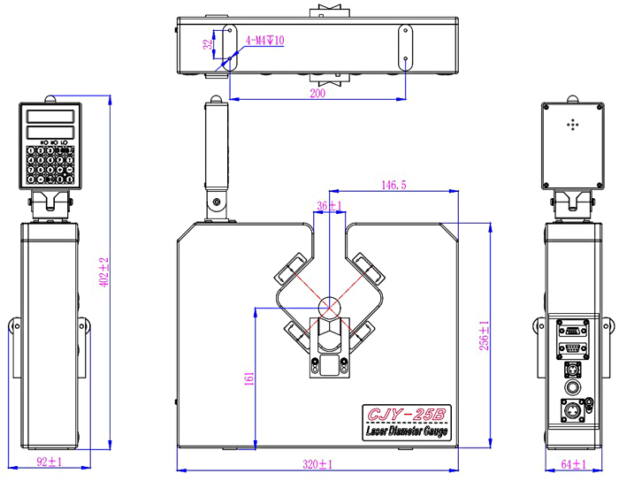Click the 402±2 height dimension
point(103,272)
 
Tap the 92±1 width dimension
point(49,462)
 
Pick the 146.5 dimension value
point(393,186)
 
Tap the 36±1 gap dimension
point(331,205)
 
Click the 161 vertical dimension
point(248,378)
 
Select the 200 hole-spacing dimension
point(317,91)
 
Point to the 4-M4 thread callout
point(264,40)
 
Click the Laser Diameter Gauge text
point(408,432)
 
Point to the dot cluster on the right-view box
point(571,126)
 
